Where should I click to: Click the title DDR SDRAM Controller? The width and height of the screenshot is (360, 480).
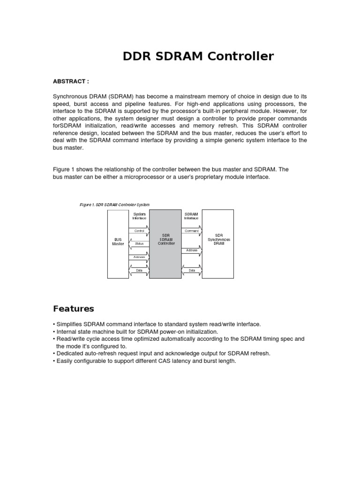point(198,57)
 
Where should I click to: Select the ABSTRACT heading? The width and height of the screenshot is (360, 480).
point(71,81)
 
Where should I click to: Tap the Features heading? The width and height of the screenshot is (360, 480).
point(74,308)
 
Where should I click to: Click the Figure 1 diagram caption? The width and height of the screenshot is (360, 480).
point(114,205)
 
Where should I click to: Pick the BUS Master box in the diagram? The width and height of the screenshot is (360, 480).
point(118,241)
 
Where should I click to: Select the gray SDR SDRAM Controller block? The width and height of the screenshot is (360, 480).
point(165,244)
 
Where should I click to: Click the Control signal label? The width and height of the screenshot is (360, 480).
point(139,231)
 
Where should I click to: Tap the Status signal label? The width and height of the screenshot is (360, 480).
point(139,243)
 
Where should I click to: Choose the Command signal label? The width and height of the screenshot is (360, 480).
point(192,231)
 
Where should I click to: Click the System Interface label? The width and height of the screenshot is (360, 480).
point(139,216)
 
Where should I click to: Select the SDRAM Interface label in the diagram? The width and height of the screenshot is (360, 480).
point(191,216)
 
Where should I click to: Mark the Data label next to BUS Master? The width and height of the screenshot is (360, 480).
point(139,270)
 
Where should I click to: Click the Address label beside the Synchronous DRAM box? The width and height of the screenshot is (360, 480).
point(192,250)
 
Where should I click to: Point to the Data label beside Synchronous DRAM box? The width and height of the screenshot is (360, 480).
point(192,270)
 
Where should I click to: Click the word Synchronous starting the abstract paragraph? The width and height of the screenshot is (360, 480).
point(69,96)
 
